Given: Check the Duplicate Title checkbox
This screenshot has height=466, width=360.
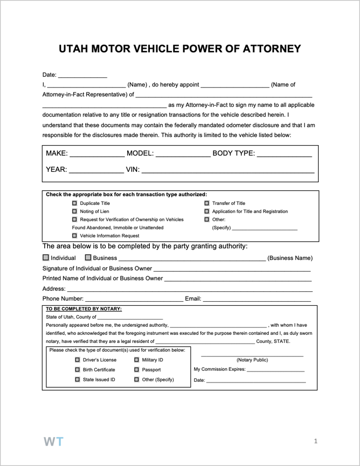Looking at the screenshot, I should [74, 203].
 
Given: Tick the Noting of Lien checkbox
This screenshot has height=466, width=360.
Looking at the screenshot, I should [74, 211].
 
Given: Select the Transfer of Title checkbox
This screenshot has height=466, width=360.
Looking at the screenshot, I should [207, 203].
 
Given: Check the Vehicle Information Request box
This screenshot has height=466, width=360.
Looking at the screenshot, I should [74, 236].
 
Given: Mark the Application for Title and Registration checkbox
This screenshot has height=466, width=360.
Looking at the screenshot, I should [207, 211].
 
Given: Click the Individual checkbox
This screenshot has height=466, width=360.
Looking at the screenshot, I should [46, 258].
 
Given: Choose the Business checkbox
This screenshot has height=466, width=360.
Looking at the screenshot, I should [88, 258].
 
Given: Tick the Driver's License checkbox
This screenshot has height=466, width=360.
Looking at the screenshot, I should [77, 360].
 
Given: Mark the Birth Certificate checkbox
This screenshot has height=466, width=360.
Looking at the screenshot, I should [77, 370].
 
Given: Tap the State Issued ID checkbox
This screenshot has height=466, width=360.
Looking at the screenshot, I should [77, 380].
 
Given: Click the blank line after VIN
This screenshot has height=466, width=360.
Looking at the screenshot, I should [228, 172].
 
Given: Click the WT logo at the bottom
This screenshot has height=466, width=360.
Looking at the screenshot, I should [53, 441].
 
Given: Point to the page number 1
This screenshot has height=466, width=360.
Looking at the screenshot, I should [315, 442].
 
